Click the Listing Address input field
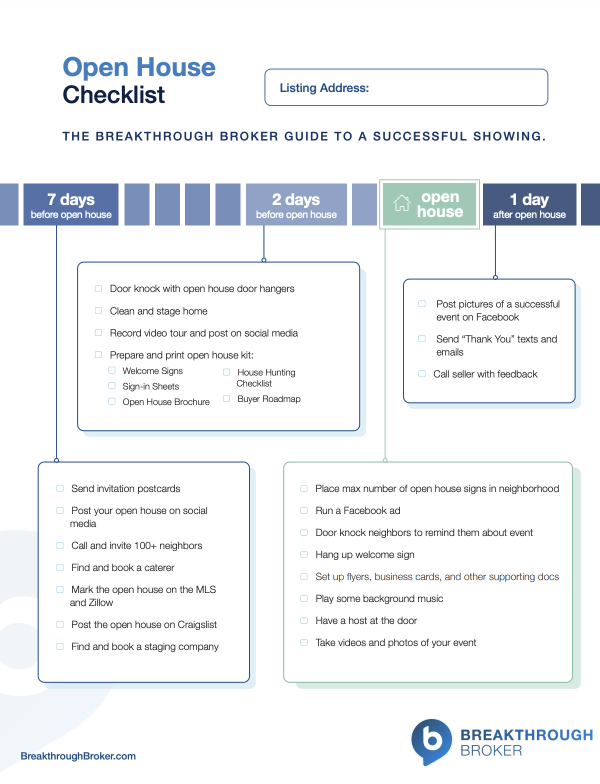pos(406,87)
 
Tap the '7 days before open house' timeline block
pos(71,205)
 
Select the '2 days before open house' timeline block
pos(296,205)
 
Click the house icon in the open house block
pos(402,204)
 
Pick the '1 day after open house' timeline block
pos(529,205)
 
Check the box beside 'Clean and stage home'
pos(98,311)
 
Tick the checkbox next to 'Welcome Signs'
pos(112,372)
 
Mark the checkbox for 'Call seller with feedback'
pos(422,374)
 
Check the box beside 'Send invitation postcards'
pos(60,489)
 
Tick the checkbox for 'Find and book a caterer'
pos(60,568)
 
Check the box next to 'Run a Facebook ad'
pos(304,511)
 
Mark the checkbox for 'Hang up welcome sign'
pos(304,555)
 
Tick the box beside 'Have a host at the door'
pos(304,621)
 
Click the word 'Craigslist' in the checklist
pos(193,625)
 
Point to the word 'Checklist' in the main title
pos(114,96)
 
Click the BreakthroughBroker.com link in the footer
pos(78,757)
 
